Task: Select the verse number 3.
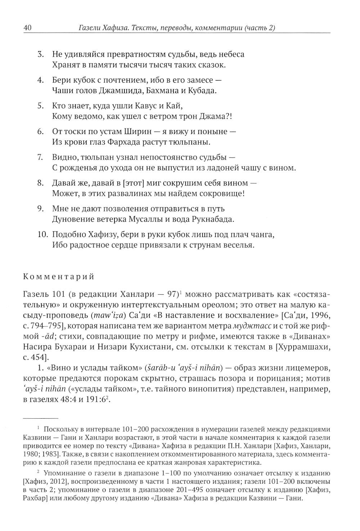pos(41,55)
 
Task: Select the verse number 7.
pos(41,157)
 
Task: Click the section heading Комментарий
pos(59,277)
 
